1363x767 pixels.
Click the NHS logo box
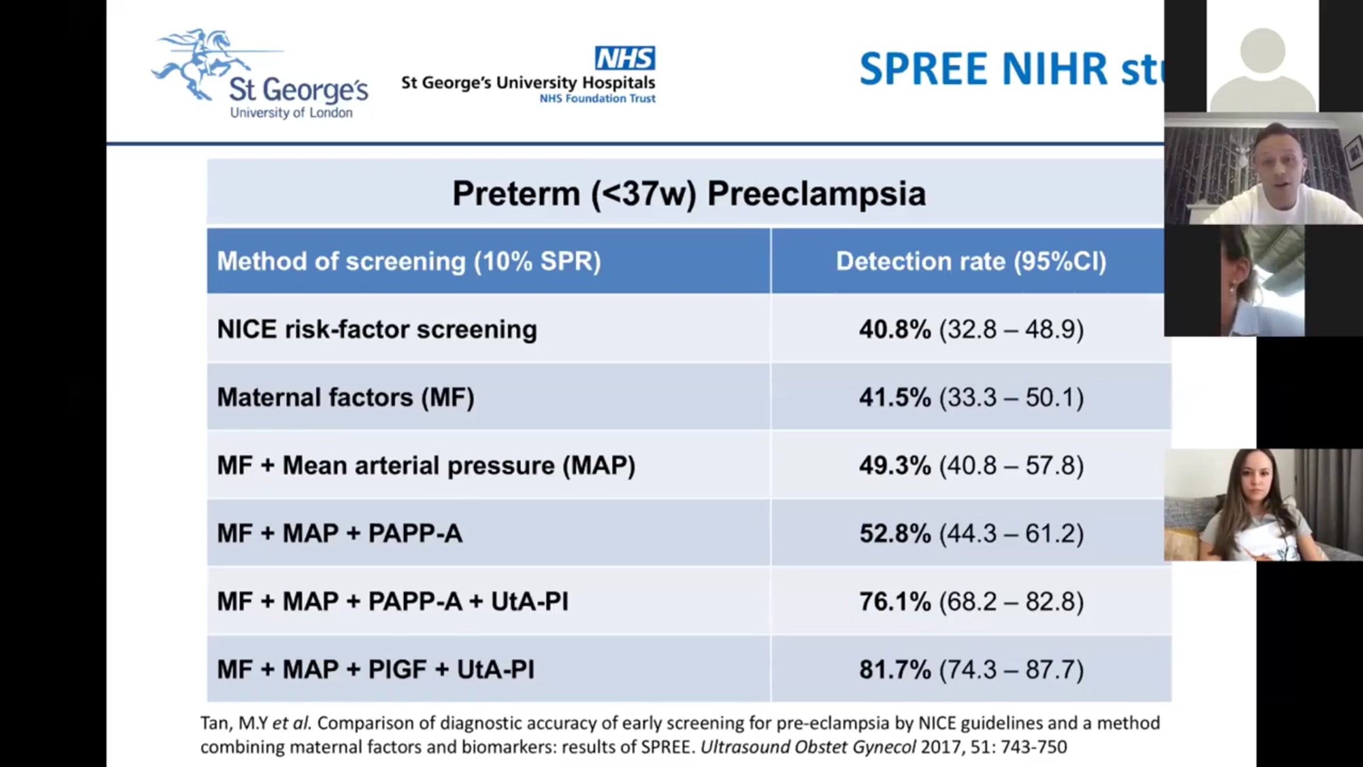(x=625, y=58)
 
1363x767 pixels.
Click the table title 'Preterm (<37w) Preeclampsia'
(x=689, y=194)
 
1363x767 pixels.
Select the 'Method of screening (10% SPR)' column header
(x=409, y=261)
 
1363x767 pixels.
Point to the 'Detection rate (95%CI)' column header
(x=971, y=261)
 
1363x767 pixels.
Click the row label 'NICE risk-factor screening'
(x=377, y=330)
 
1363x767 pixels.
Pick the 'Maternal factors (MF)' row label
(x=345, y=397)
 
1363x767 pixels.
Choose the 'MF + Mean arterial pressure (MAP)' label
(x=426, y=465)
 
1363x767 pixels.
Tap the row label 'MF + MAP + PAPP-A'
(x=340, y=533)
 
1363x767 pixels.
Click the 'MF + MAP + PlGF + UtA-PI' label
(x=375, y=669)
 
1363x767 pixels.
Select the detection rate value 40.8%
(x=895, y=330)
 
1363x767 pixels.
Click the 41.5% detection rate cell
(x=895, y=397)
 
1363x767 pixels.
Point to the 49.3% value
(x=895, y=465)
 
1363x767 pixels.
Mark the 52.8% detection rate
(x=895, y=533)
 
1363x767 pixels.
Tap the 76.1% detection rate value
(x=895, y=601)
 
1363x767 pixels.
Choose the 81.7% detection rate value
(x=895, y=669)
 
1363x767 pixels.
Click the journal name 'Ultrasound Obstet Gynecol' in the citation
(x=808, y=747)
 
